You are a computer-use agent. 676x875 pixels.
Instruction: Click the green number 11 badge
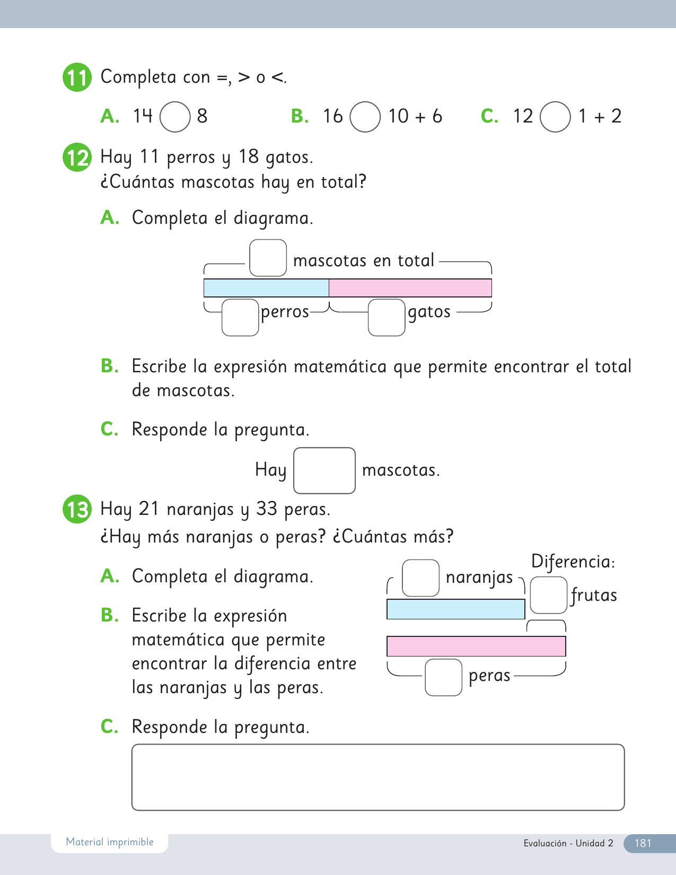click(77, 77)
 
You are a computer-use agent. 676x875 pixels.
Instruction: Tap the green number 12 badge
click(77, 157)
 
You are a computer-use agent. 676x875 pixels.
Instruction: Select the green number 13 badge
click(77, 510)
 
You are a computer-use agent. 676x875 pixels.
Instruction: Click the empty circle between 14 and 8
click(175, 117)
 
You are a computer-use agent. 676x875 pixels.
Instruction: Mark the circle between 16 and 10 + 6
click(365, 117)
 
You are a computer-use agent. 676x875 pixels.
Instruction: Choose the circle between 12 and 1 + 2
click(555, 117)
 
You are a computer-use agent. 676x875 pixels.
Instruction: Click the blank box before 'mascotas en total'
click(268, 258)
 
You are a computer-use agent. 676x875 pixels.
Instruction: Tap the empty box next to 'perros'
click(240, 317)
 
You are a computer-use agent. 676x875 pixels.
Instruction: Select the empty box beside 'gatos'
click(387, 317)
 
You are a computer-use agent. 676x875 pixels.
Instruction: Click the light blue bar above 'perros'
click(266, 288)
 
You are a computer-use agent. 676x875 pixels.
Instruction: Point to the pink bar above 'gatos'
click(410, 288)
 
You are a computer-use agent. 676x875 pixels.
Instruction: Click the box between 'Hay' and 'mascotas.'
click(324, 470)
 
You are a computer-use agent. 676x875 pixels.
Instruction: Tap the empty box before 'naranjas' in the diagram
click(421, 578)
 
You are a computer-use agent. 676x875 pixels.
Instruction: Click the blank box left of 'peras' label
click(444, 677)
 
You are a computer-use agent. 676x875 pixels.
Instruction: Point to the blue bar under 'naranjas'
click(455, 609)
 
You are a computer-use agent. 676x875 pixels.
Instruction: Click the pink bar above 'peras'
click(476, 646)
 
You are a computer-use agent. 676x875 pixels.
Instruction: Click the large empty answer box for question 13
click(378, 777)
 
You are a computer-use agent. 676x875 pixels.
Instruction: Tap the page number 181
click(643, 843)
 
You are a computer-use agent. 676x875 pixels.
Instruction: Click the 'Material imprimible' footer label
click(110, 842)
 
